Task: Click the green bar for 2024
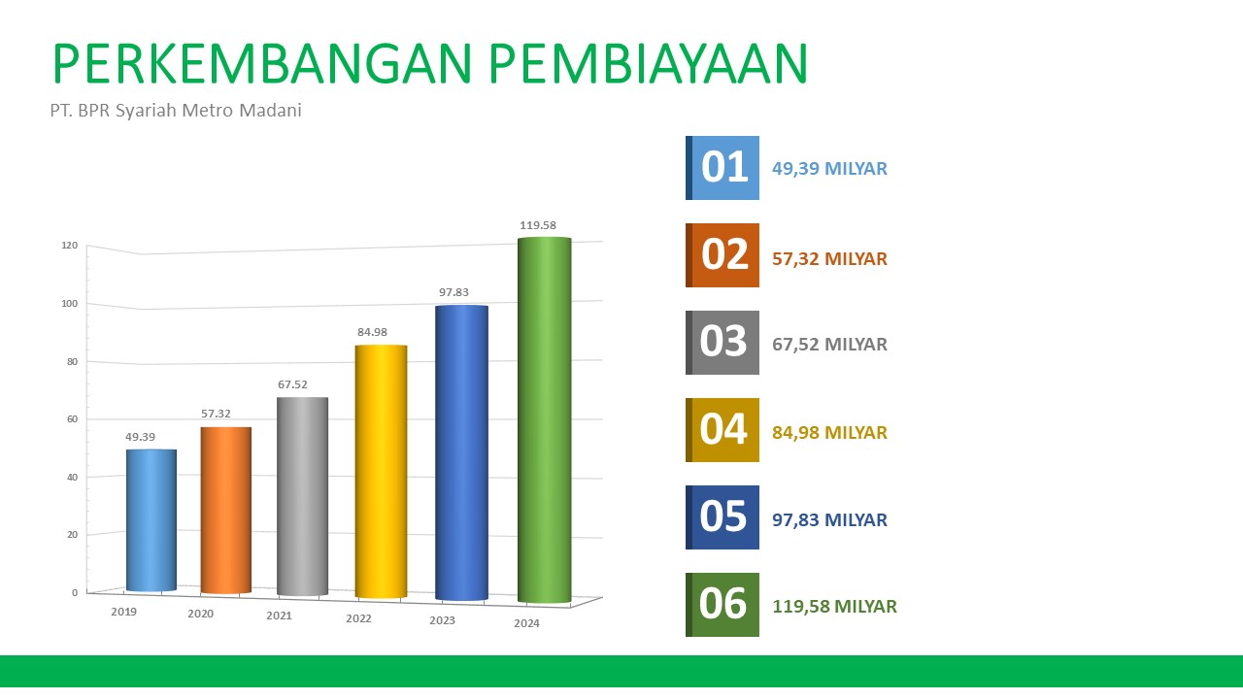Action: pyautogui.click(x=545, y=420)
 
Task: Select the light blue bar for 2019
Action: pyautogui.click(x=151, y=520)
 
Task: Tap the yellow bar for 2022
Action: pyautogui.click(x=382, y=472)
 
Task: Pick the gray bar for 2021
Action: pyautogui.click(x=302, y=496)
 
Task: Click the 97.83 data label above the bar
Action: pyautogui.click(x=454, y=292)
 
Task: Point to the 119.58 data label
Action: pyautogui.click(x=538, y=225)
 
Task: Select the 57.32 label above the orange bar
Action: pyautogui.click(x=216, y=414)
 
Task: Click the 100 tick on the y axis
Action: pyautogui.click(x=69, y=304)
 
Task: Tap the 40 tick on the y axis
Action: pyautogui.click(x=72, y=477)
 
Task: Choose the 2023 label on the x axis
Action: pyautogui.click(x=442, y=620)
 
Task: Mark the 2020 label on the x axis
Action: pyautogui.click(x=200, y=614)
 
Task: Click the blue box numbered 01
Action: pyautogui.click(x=722, y=168)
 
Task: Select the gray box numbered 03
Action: pyautogui.click(x=722, y=343)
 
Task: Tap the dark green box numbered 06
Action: pyautogui.click(x=722, y=605)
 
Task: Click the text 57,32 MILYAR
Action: pyautogui.click(x=829, y=259)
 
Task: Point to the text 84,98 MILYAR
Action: pyautogui.click(x=829, y=433)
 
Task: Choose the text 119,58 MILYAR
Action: pyautogui.click(x=834, y=607)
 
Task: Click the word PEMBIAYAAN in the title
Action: pyautogui.click(x=648, y=63)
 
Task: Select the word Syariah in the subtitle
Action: pyautogui.click(x=146, y=111)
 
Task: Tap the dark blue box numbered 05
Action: pyautogui.click(x=722, y=517)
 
